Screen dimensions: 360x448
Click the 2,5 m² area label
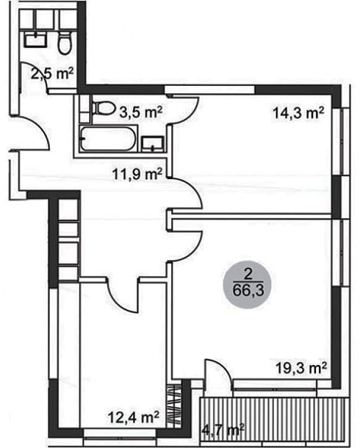pyautogui.click(x=52, y=74)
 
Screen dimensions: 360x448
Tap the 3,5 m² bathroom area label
pyautogui.click(x=141, y=112)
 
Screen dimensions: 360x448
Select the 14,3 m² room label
pyautogui.click(x=298, y=113)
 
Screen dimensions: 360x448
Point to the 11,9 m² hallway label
pyautogui.click(x=137, y=174)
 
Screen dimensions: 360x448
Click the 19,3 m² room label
pyautogui.click(x=301, y=368)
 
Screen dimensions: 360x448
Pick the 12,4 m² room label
pyautogui.click(x=134, y=417)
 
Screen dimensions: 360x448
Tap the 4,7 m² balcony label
pyautogui.click(x=223, y=429)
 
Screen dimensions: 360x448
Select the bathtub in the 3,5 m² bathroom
pyautogui.click(x=107, y=139)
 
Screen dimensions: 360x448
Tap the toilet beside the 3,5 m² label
pyautogui.click(x=103, y=108)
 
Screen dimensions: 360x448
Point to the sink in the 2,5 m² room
pyautogui.click(x=35, y=39)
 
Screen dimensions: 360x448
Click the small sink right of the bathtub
pyautogui.click(x=153, y=144)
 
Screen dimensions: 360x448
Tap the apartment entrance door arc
pyautogui.click(x=40, y=126)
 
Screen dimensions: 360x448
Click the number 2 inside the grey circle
pyautogui.click(x=248, y=275)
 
